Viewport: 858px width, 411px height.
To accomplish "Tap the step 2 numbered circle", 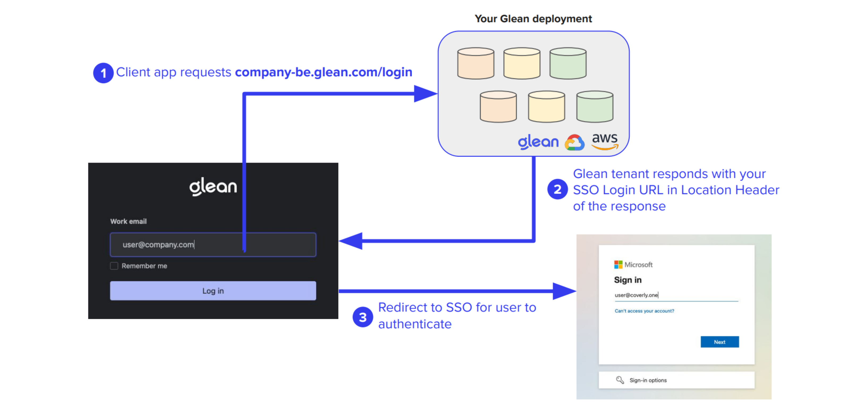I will click(557, 189).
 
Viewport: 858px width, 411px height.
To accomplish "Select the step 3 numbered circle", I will click(363, 317).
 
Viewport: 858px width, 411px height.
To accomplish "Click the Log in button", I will click(213, 291).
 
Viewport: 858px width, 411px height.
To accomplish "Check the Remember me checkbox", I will click(114, 266).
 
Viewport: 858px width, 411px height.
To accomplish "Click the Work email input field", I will click(213, 245).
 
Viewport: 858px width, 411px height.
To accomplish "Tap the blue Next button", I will click(719, 342).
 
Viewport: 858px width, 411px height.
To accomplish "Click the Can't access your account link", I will click(644, 311).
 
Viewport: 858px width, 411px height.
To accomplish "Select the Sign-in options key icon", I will click(620, 380).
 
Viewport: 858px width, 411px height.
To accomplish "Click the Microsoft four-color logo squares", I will click(618, 264).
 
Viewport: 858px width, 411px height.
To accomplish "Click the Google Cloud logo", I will click(574, 143).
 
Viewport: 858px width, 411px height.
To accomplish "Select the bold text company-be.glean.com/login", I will click(323, 72).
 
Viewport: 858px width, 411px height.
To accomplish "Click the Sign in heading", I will click(628, 280).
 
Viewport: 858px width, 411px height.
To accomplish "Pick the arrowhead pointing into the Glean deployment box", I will click(425, 94).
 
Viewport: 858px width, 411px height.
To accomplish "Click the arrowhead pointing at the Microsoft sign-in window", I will click(564, 291).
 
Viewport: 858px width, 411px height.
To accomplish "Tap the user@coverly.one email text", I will click(636, 295).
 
